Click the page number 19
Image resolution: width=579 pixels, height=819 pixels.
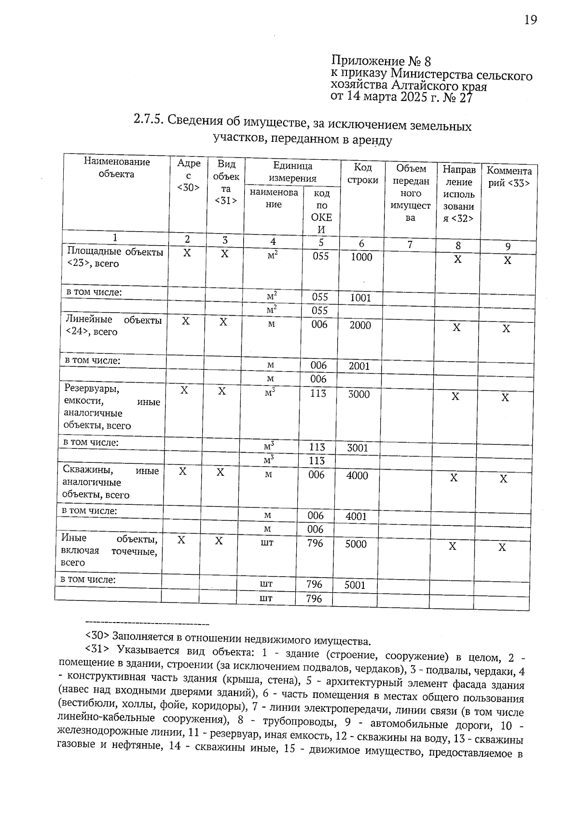[530, 20]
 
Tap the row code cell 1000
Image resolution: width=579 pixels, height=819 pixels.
[361, 257]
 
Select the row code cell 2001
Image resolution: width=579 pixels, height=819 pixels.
[359, 366]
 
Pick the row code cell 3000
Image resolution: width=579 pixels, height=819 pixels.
[359, 394]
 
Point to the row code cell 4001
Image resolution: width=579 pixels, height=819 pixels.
[357, 516]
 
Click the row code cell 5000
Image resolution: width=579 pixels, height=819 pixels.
[356, 544]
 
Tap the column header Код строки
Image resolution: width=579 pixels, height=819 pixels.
[362, 174]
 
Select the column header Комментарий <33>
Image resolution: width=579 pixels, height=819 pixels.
[509, 177]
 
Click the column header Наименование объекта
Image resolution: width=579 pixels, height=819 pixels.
[116, 168]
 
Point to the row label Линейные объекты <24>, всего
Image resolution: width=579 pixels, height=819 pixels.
[113, 326]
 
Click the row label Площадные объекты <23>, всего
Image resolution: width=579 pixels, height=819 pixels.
[115, 258]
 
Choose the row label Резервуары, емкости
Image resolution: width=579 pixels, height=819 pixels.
[111, 407]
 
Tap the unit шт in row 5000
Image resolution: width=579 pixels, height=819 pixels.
[267, 543]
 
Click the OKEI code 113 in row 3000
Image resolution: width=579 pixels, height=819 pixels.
[318, 393]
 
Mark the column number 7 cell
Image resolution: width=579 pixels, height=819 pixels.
[410, 245]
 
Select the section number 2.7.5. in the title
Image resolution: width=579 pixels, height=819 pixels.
[147, 120]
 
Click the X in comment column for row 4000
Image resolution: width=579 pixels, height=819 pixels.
[503, 479]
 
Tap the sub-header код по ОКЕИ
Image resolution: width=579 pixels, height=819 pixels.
[321, 211]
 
